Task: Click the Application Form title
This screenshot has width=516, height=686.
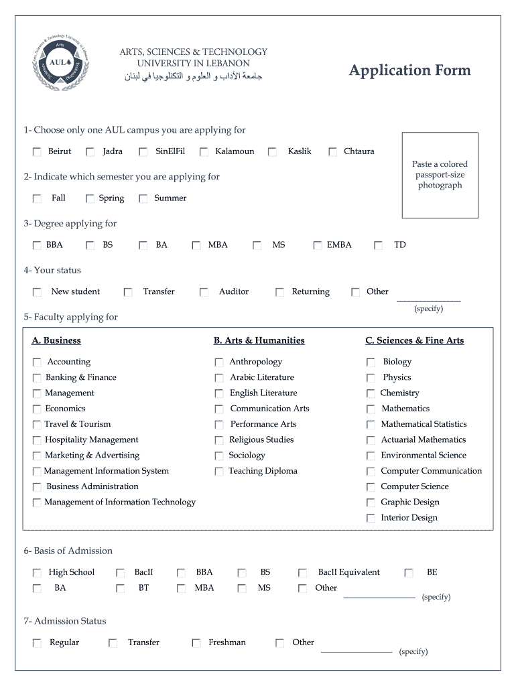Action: (409, 70)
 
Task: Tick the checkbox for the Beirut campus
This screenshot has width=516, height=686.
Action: (37, 152)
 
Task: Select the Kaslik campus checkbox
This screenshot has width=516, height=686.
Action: (273, 152)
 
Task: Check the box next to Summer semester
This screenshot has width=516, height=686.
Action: (143, 199)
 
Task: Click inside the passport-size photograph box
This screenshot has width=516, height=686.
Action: (440, 175)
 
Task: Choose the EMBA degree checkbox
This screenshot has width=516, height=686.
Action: (317, 246)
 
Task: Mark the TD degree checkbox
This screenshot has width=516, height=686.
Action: (379, 246)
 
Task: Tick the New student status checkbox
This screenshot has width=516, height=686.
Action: (37, 293)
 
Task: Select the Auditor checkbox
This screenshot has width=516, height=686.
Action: (204, 293)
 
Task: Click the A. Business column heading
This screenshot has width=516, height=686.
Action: (56, 340)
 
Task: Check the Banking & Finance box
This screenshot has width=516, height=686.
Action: (37, 378)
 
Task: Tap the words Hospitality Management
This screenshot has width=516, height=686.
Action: (92, 439)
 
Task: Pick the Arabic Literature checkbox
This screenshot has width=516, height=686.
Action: (219, 378)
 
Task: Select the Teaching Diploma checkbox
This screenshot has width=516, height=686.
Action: (219, 472)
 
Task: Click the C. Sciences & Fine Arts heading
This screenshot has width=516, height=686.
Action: (414, 340)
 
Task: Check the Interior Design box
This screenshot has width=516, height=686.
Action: (371, 518)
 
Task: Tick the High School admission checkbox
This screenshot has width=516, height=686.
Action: (37, 573)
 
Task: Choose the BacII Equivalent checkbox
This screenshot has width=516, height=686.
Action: (303, 573)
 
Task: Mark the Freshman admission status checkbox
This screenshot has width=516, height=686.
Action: (196, 643)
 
